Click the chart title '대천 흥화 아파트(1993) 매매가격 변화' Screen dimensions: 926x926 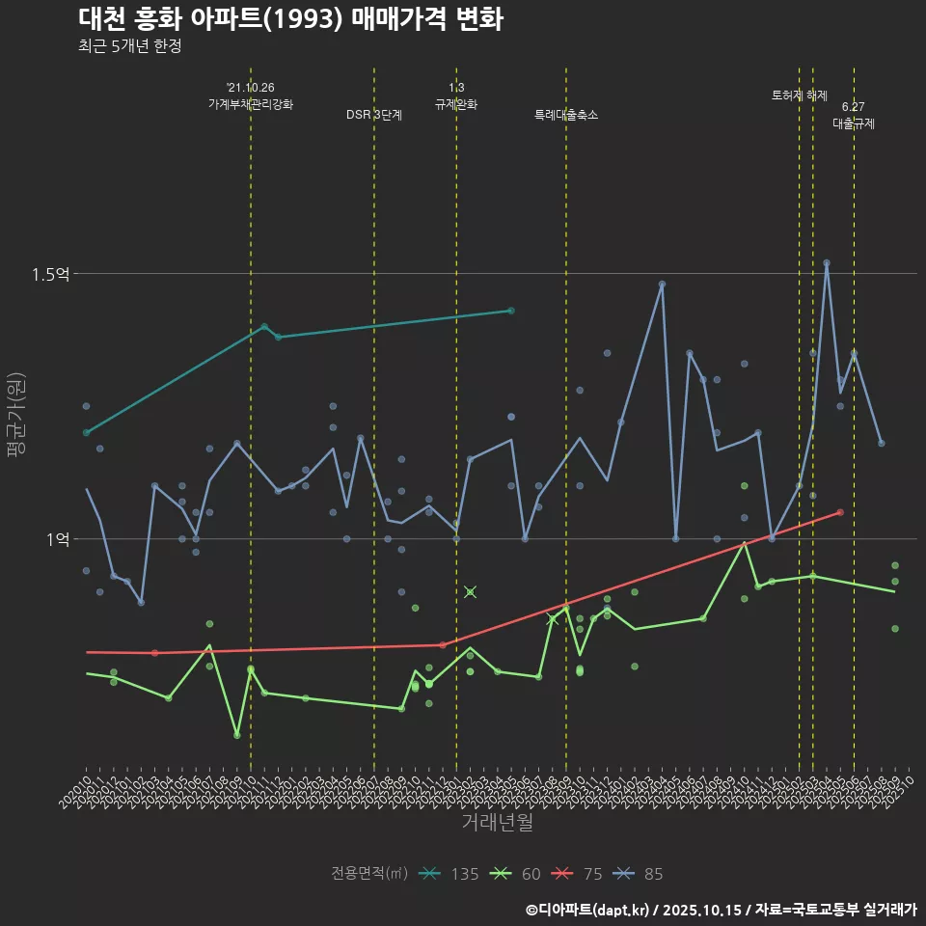tap(289, 19)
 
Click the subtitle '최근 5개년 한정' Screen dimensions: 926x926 tap(130, 45)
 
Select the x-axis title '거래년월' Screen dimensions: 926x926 tap(497, 823)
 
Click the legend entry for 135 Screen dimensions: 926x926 tap(451, 874)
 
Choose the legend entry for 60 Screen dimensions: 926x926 tap(518, 874)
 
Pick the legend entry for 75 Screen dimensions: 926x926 tap(580, 874)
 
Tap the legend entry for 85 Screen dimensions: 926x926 tap(640, 874)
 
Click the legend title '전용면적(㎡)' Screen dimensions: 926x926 tap(368, 874)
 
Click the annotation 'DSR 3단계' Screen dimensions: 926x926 tap(374, 115)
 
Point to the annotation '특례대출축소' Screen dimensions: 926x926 tap(566, 115)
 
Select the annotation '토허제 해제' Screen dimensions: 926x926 tap(800, 95)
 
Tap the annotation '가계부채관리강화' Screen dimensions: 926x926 tap(251, 103)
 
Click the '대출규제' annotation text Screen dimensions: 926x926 tap(854, 123)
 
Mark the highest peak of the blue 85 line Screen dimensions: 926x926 tap(827, 262)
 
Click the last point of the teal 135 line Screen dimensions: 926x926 tap(511, 311)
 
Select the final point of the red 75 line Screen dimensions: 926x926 tap(840, 512)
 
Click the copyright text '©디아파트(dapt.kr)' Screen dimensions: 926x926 tap(587, 910)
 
